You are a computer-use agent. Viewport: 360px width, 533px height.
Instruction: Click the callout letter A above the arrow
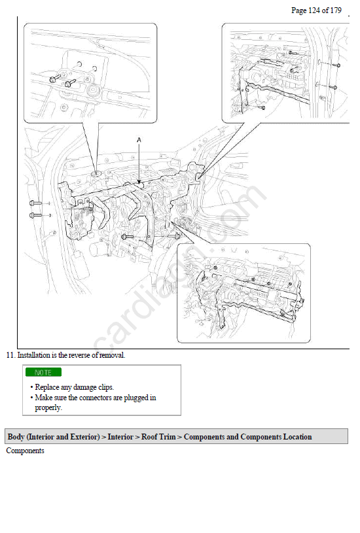pyautogui.click(x=139, y=140)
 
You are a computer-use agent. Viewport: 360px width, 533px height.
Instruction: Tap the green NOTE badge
pyautogui.click(x=44, y=372)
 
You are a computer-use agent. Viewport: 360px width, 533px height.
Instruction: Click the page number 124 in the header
pyautogui.click(x=314, y=10)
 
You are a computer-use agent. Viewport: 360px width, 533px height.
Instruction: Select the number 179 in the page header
pyautogui.click(x=336, y=10)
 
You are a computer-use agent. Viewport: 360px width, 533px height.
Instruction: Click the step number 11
pyautogui.click(x=10, y=355)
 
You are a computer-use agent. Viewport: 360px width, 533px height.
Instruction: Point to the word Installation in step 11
pyautogui.click(x=33, y=355)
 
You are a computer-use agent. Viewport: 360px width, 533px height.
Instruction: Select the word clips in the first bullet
pyautogui.click(x=106, y=387)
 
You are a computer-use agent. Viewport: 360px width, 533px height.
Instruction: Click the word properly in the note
pyautogui.click(x=48, y=407)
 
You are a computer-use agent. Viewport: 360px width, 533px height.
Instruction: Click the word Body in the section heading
pyautogui.click(x=16, y=436)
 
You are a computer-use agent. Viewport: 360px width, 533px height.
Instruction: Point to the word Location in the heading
pyautogui.click(x=297, y=436)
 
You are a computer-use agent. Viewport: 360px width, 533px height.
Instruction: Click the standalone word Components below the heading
pyautogui.click(x=25, y=451)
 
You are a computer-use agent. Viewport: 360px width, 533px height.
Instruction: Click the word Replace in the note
pyautogui.click(x=47, y=387)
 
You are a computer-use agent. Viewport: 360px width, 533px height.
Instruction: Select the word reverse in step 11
pyautogui.click(x=79, y=355)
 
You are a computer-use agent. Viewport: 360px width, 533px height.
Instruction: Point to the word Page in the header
pyautogui.click(x=298, y=10)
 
